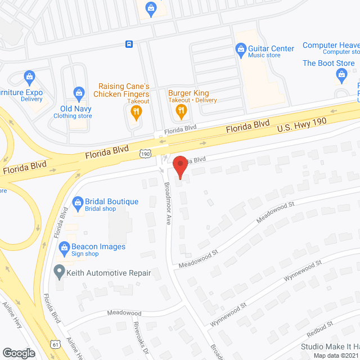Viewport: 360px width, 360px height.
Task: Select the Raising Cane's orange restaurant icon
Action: click(136, 111)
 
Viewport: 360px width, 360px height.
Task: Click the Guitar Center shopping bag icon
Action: click(240, 49)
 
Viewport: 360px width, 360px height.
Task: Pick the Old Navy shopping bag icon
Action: click(79, 92)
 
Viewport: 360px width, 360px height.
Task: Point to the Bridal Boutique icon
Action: click(78, 202)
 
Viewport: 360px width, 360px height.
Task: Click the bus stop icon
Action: click(129, 44)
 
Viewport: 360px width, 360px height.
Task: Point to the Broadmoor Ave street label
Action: click(168, 203)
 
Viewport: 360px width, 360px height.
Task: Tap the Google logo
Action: click(19, 353)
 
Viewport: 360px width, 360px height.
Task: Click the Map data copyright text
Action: click(336, 355)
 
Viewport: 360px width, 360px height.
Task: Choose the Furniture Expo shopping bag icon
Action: click(29, 75)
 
